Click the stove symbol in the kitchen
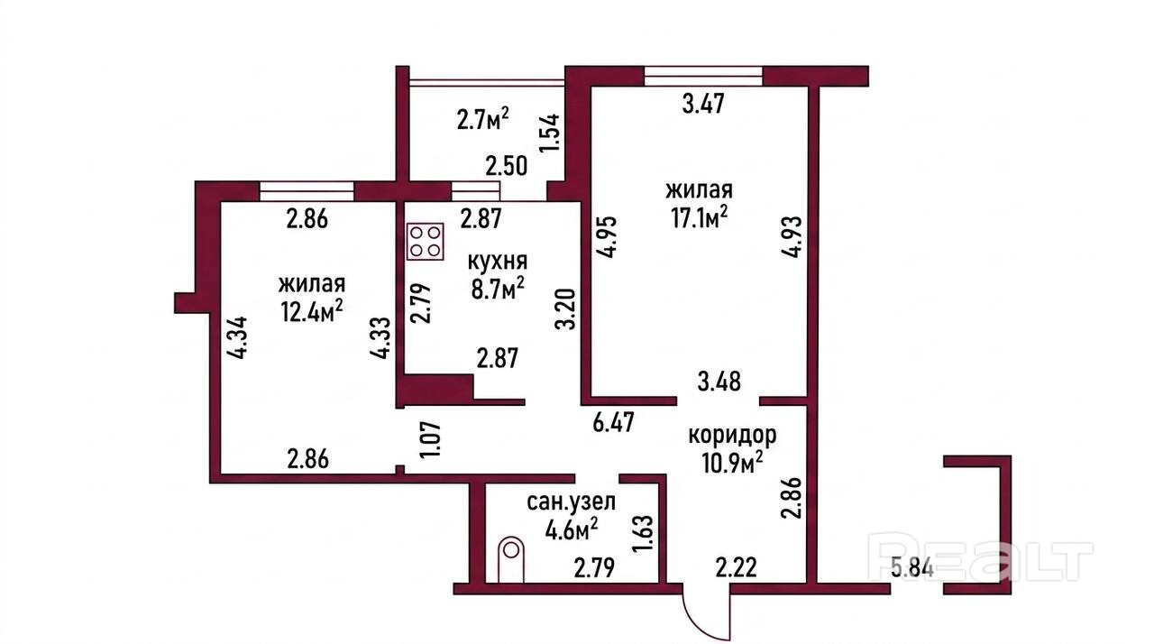point(425,241)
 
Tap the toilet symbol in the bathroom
point(511,559)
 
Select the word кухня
point(497,262)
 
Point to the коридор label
point(732,436)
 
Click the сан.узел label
point(571,501)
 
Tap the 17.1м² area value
point(699,218)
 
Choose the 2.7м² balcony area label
point(482,119)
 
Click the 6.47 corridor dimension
point(613,421)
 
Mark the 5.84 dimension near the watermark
point(912,569)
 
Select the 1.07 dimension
point(433,438)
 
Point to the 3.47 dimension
point(703,103)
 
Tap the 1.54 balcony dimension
point(550,133)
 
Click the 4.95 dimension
point(607,236)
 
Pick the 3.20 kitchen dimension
point(565,308)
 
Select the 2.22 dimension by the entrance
point(737,567)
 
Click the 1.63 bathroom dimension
point(644,534)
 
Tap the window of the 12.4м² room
point(307,191)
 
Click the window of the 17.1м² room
point(704,76)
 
